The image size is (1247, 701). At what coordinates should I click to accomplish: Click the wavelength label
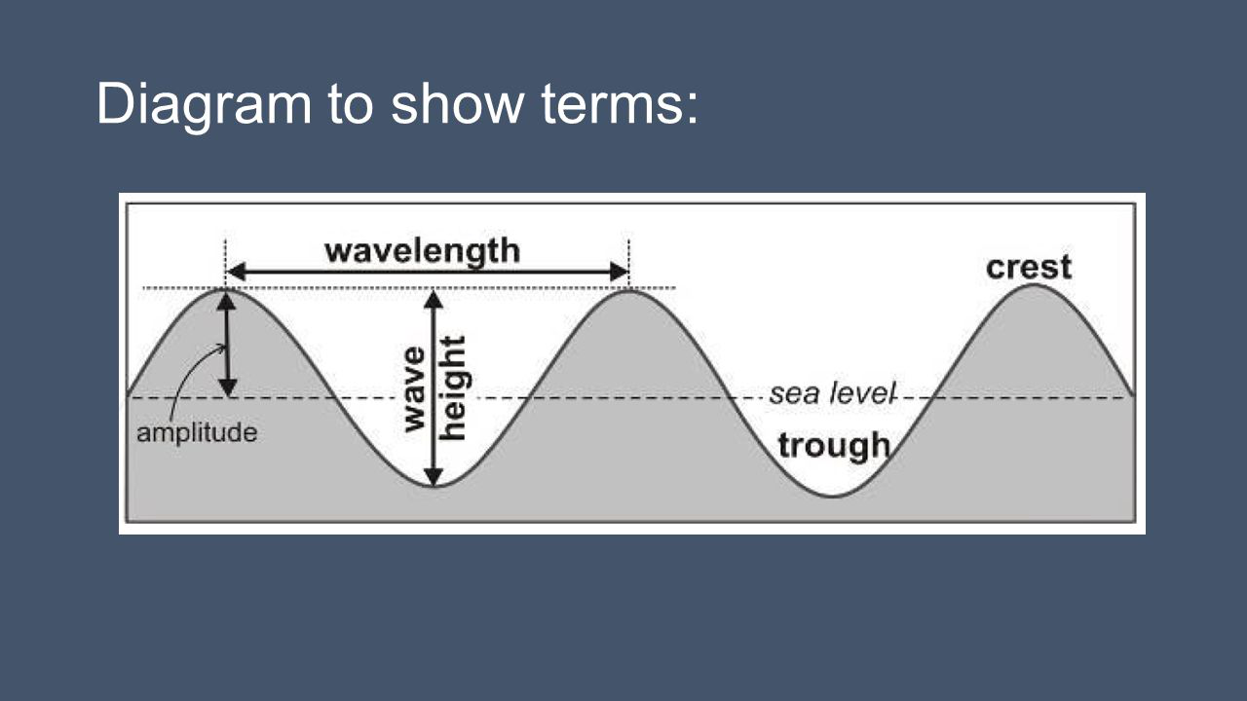pos(422,251)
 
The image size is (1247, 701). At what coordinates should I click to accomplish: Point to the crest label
pos(1028,267)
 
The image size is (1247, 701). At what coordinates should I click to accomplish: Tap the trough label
pos(834,446)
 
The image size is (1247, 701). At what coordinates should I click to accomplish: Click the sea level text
pos(832,394)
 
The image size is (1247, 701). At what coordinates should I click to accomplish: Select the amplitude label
pos(197,432)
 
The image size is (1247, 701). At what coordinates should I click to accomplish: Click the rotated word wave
pos(415,388)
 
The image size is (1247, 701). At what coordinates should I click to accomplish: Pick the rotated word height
pos(453,387)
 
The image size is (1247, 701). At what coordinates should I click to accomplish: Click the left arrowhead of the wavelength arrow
pos(235,273)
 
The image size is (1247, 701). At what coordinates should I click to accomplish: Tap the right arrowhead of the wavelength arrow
pos(620,273)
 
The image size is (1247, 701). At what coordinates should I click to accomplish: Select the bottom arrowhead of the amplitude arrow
pos(226,387)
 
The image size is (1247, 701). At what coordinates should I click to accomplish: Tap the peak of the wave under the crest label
pos(1034,285)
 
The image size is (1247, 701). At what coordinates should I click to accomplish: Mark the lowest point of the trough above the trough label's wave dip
pos(834,497)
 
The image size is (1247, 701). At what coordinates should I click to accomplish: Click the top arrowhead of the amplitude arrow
pos(226,300)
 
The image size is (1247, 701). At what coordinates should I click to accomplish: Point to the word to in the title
pos(351,103)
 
